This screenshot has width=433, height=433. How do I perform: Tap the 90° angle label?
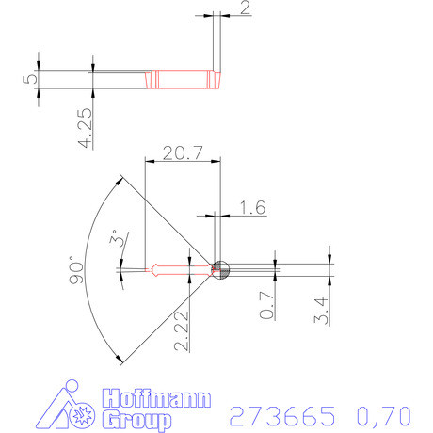click(x=79, y=273)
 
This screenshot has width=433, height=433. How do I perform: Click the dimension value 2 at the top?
click(x=245, y=9)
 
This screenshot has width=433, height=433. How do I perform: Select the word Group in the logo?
click(x=137, y=419)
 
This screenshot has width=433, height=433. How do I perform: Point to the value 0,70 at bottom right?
click(x=382, y=415)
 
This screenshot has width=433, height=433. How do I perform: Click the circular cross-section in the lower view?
click(x=220, y=269)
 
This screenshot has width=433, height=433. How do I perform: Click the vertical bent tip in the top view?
click(x=216, y=47)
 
